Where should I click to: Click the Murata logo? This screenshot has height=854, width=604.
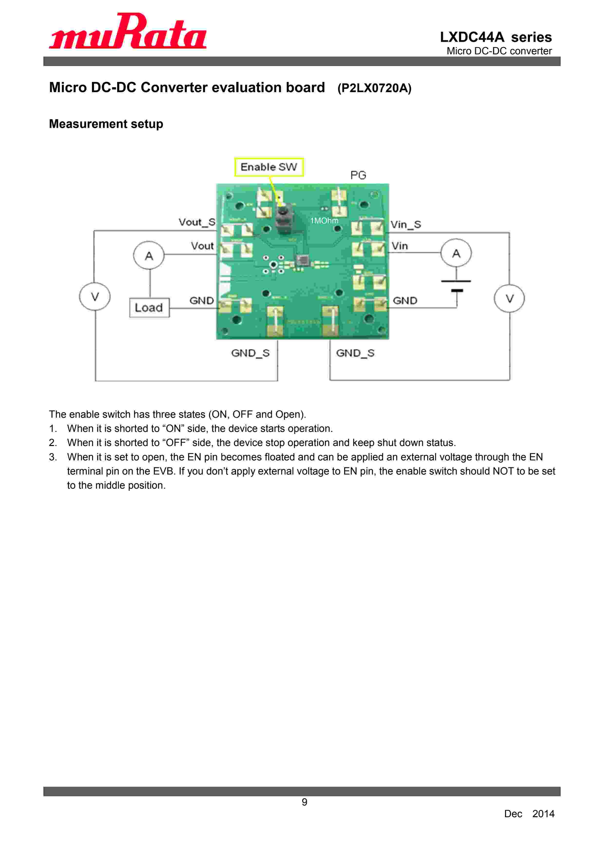(128, 32)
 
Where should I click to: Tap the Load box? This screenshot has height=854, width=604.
(149, 308)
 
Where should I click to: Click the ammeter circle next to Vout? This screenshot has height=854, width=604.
(149, 255)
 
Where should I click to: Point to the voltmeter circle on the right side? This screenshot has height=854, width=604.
(509, 298)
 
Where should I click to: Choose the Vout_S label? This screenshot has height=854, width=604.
(197, 222)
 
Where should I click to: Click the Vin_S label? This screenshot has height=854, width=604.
(406, 224)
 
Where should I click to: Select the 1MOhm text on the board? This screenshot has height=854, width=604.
(324, 221)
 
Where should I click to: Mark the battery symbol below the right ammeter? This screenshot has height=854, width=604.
(456, 286)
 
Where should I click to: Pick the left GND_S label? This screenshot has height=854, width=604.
(250, 353)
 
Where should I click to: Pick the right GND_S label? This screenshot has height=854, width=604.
(355, 353)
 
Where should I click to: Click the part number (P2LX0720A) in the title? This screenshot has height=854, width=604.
(374, 88)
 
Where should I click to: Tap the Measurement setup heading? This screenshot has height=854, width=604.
(106, 124)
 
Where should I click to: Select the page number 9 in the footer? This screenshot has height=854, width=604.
(304, 802)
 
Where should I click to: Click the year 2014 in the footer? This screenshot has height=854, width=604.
(543, 814)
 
